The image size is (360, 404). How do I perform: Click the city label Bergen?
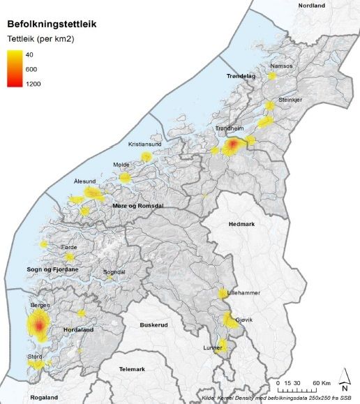(x=40, y=306)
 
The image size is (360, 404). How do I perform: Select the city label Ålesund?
(x=84, y=181)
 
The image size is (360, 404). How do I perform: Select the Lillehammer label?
(x=243, y=293)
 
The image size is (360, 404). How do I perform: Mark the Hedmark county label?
(x=241, y=223)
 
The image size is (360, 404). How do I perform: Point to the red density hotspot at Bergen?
(x=40, y=325)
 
